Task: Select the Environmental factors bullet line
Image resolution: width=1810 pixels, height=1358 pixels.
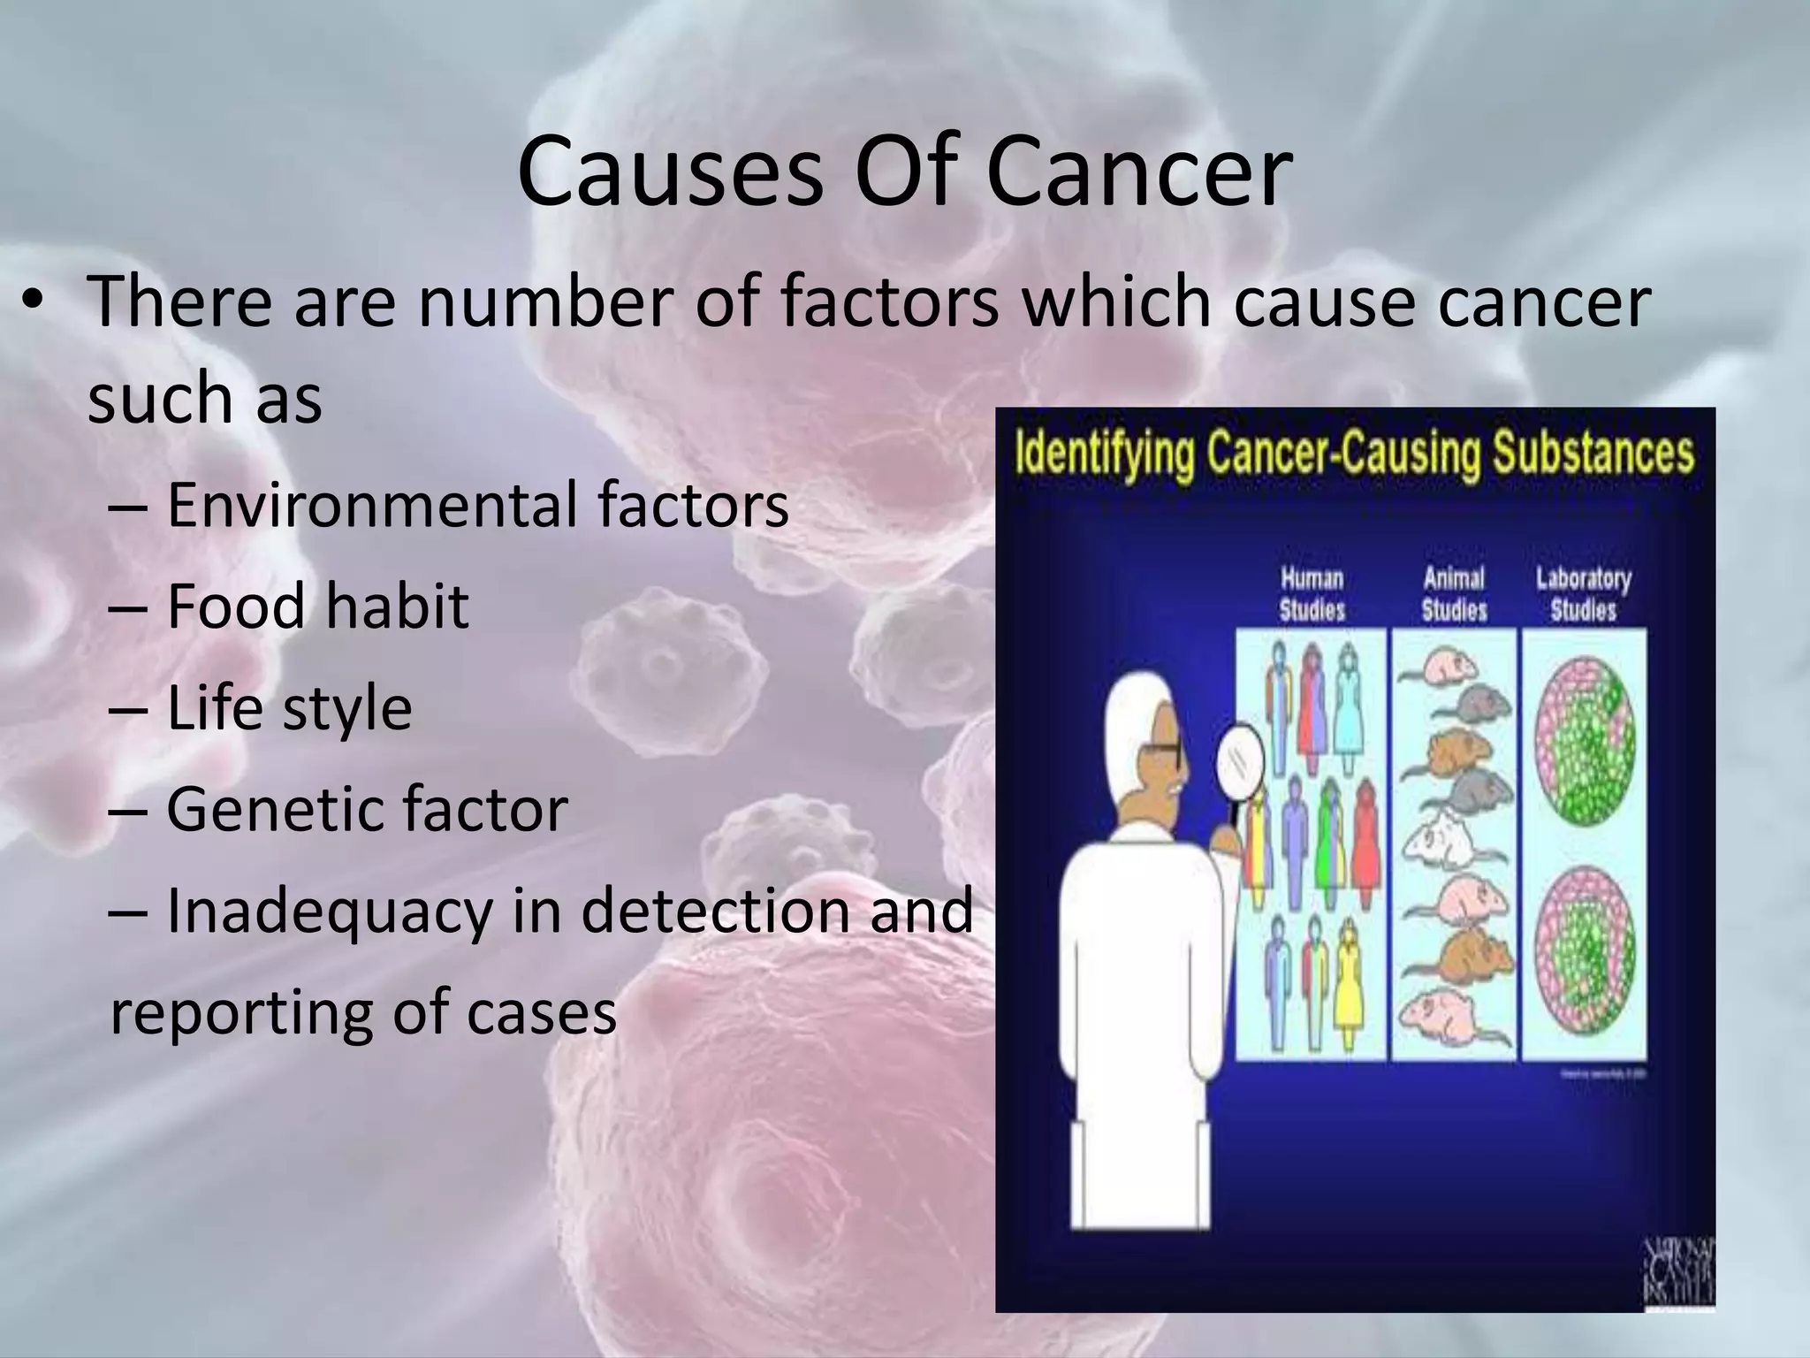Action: (x=477, y=505)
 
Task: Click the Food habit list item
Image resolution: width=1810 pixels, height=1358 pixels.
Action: (x=317, y=607)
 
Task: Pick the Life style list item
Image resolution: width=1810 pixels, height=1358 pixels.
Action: (x=289, y=708)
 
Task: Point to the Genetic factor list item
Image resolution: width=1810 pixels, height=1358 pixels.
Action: (x=367, y=809)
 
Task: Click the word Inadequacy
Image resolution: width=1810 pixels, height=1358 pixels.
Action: (x=328, y=911)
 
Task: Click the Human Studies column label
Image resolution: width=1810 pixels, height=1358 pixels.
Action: (x=1312, y=594)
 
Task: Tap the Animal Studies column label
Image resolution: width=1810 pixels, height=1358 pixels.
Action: (x=1454, y=594)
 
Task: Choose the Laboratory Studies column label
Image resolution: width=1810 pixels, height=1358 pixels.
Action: (x=1583, y=594)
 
